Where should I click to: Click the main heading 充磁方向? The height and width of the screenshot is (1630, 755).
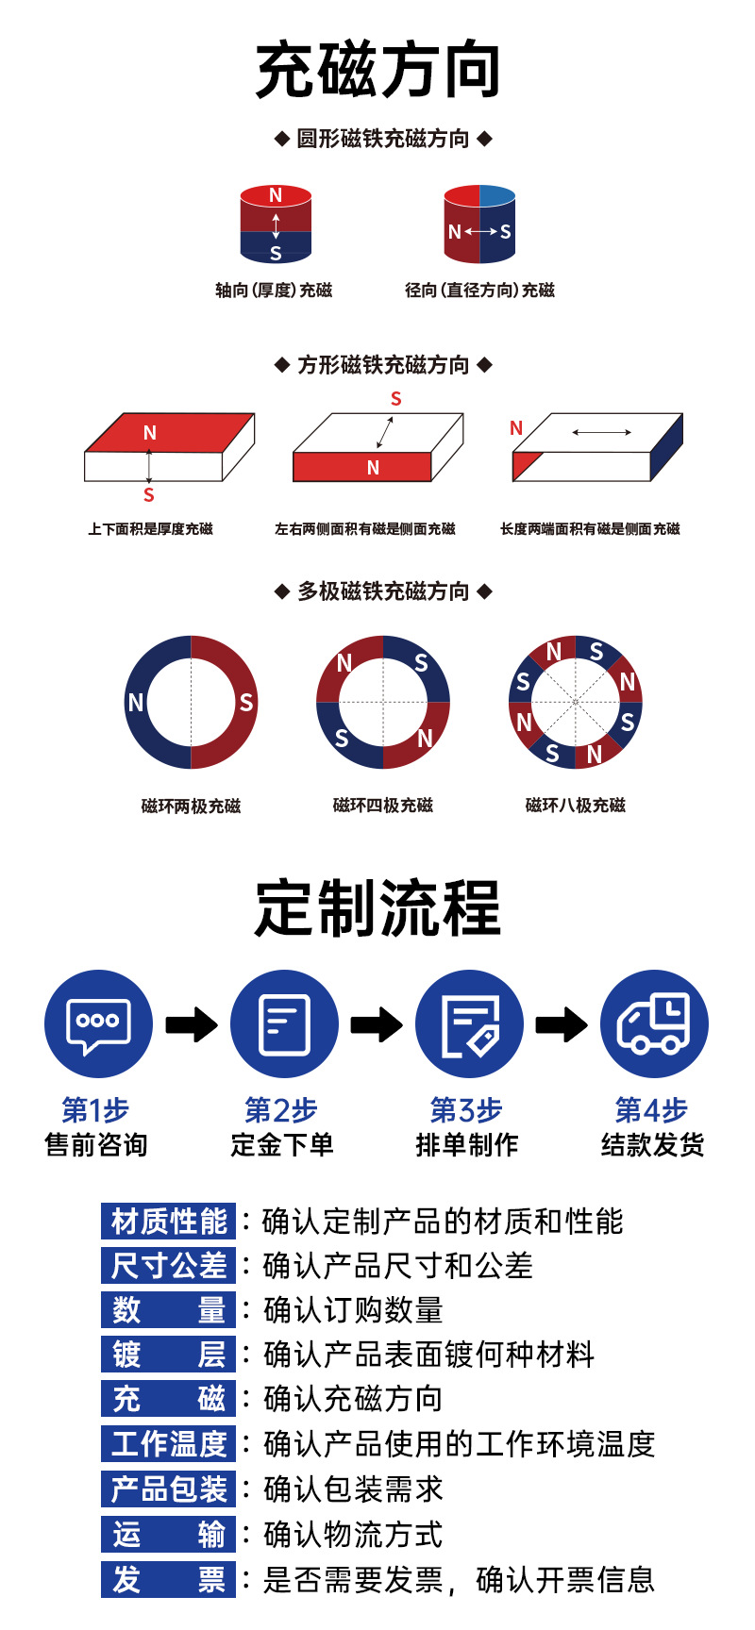377,70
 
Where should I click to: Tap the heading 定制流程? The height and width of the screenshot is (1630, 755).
377,907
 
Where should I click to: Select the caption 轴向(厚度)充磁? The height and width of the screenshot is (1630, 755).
274,291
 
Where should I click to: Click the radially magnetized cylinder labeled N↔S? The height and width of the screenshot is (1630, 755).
479,225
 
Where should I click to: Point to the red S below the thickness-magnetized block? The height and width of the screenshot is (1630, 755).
148,495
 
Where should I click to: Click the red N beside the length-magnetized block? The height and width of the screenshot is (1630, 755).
516,428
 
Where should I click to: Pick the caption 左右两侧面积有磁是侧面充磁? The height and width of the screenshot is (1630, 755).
365,529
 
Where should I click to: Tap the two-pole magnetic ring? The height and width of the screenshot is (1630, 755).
191,702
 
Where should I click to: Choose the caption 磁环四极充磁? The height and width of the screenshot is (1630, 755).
383,806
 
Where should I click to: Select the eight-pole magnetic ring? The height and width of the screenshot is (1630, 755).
576,702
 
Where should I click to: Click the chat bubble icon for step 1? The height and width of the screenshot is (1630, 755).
98,1024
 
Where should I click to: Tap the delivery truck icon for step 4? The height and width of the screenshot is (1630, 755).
654,1024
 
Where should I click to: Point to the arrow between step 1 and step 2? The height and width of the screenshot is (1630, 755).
191,1024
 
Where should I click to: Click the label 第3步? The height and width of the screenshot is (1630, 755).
466,1110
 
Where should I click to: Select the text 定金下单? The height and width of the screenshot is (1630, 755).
282,1145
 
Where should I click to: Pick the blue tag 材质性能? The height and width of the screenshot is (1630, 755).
169,1222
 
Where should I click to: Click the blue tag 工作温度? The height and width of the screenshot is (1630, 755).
169,1444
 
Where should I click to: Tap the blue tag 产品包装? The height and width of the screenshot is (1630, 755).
169,1489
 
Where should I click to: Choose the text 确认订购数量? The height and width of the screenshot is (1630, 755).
353,1310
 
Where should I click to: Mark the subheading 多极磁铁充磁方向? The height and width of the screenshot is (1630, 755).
383,591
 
